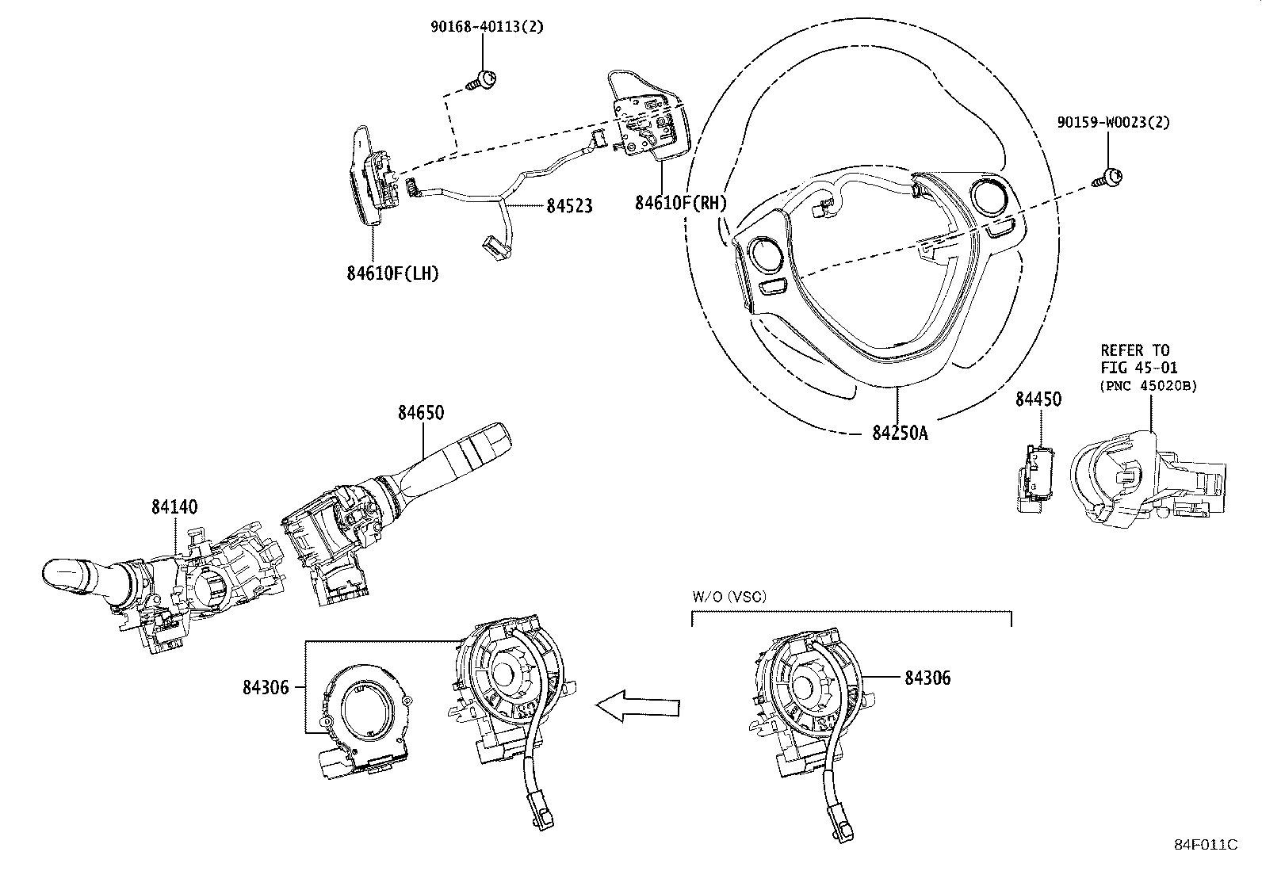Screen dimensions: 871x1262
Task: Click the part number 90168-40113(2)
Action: (x=487, y=27)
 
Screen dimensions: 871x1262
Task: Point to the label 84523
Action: (x=568, y=206)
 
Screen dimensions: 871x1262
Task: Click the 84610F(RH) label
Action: (x=680, y=203)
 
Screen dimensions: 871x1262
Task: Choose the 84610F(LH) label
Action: (x=392, y=273)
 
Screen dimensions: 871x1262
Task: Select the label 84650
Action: (x=421, y=413)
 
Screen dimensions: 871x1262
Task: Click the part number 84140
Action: (x=174, y=506)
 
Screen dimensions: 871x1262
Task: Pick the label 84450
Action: (x=1038, y=399)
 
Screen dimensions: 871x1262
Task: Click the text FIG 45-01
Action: (x=1139, y=368)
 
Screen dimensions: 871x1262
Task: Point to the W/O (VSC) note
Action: (x=729, y=597)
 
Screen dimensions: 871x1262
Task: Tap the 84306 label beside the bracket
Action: (x=266, y=687)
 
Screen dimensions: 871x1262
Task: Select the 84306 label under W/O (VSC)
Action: (x=927, y=678)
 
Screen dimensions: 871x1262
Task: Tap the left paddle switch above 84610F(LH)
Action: (x=369, y=178)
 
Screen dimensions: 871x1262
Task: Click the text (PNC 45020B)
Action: (x=1148, y=386)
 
